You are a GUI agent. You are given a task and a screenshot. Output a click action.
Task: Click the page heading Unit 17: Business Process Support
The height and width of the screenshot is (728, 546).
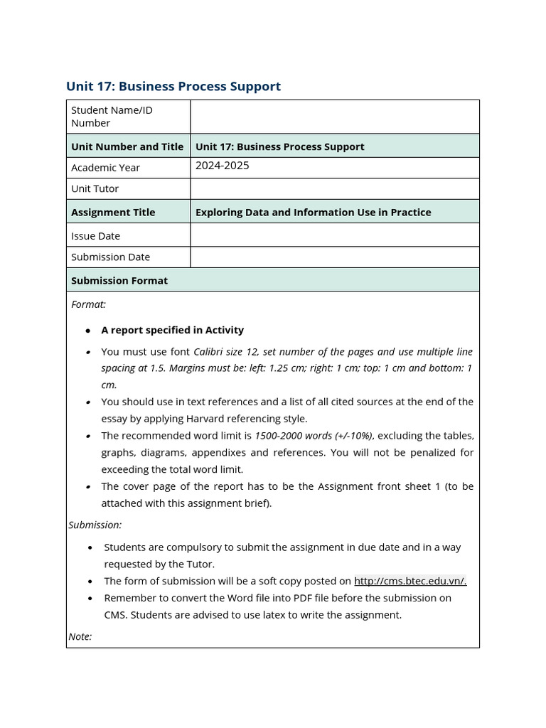(173, 86)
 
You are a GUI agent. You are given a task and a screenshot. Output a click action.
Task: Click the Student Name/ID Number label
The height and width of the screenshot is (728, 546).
(112, 117)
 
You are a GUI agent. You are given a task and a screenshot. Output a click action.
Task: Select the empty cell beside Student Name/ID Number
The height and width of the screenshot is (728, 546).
(334, 117)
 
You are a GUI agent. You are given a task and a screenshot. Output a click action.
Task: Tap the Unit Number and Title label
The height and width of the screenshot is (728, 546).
(127, 146)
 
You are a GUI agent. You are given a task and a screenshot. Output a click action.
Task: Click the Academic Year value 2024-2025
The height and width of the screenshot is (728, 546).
(223, 166)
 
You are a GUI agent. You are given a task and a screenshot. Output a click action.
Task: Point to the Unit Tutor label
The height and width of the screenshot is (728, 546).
(95, 188)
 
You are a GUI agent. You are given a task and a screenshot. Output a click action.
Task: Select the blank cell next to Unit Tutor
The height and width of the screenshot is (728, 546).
(334, 188)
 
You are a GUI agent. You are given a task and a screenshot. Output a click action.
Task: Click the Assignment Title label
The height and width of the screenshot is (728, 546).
(113, 212)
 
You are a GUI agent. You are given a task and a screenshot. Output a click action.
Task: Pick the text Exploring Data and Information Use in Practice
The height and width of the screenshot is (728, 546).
(313, 212)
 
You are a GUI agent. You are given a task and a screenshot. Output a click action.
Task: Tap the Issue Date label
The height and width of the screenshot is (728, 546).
(95, 235)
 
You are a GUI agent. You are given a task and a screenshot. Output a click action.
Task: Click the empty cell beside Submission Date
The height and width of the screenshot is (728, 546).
(334, 257)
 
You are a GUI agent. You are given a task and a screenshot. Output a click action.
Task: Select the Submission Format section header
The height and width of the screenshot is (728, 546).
(119, 280)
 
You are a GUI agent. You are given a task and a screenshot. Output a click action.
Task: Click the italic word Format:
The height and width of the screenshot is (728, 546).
(88, 304)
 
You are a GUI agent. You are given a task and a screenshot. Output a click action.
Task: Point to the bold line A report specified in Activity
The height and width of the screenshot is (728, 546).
(172, 330)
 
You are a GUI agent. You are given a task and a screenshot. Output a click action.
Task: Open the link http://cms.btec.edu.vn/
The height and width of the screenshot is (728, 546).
(410, 581)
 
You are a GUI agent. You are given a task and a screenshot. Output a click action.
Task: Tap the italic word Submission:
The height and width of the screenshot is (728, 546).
(95, 525)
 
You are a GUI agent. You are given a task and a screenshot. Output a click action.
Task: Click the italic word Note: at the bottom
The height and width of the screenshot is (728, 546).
(80, 636)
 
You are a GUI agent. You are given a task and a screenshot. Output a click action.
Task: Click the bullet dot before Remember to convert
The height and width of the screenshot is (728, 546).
(90, 599)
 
